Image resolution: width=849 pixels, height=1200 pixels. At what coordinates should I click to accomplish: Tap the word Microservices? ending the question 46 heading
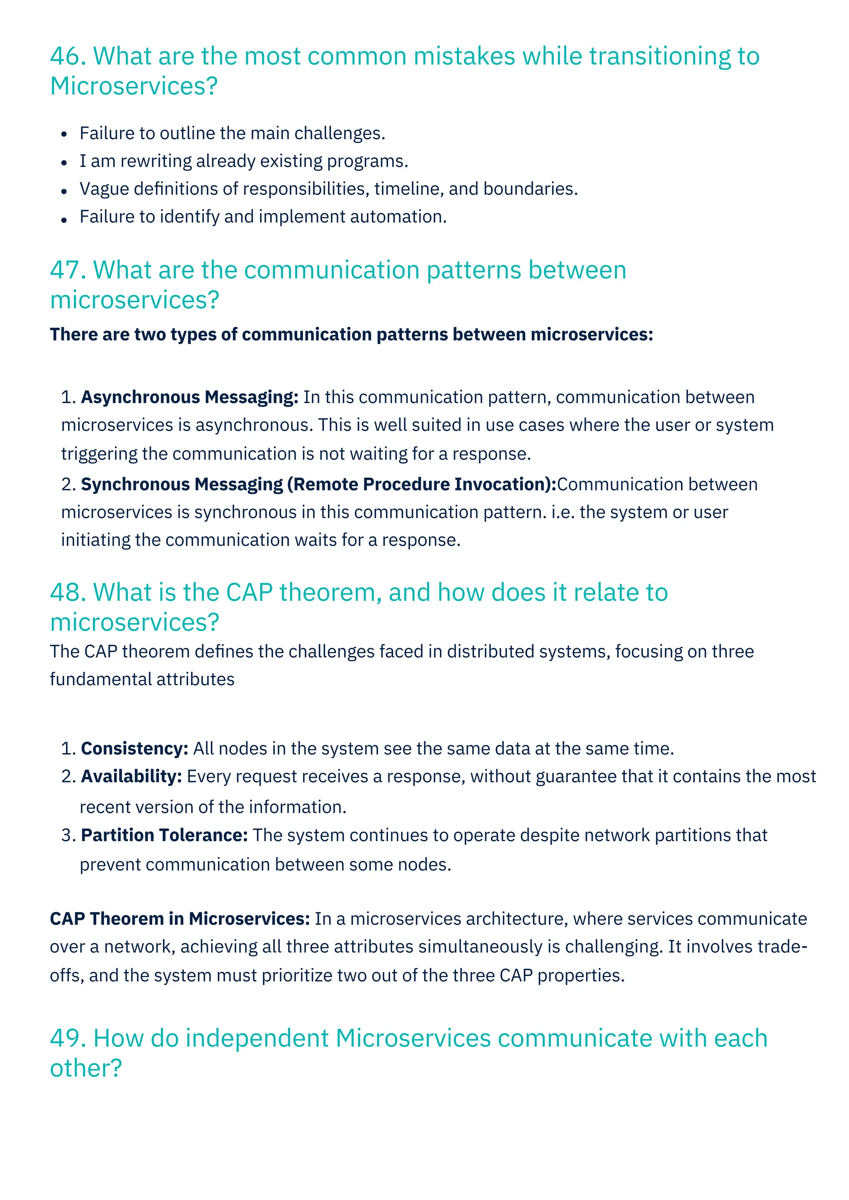pyautogui.click(x=134, y=86)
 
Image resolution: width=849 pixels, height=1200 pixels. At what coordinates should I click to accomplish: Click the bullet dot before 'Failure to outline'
pyautogui.click(x=64, y=134)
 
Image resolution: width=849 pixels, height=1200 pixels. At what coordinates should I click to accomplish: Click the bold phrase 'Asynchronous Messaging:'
pyautogui.click(x=190, y=397)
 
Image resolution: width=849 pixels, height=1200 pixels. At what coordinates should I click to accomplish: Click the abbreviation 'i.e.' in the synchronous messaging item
pyautogui.click(x=563, y=512)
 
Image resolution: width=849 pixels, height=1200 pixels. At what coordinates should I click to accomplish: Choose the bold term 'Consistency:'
pyautogui.click(x=135, y=749)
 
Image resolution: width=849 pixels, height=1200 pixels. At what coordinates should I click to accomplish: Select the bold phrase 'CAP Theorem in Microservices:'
pyautogui.click(x=180, y=919)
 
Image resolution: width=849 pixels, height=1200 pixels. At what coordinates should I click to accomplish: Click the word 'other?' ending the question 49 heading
pyautogui.click(x=86, y=1068)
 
